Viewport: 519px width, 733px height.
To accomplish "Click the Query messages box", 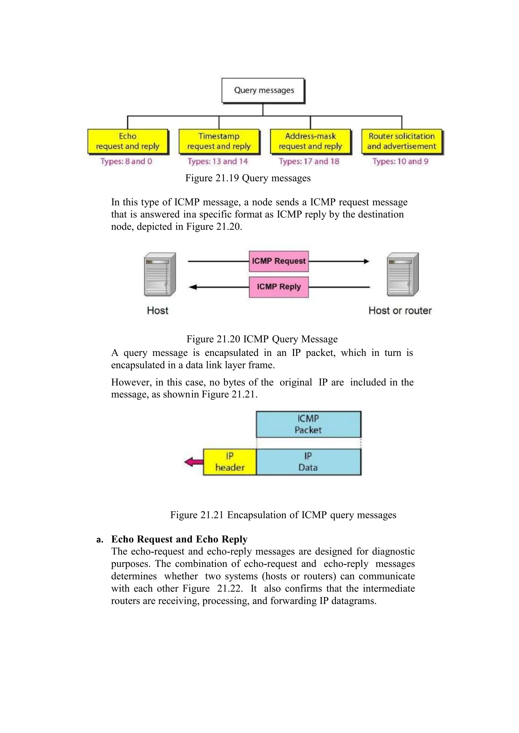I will click(x=263, y=90).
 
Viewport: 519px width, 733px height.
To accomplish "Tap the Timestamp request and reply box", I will click(x=219, y=141).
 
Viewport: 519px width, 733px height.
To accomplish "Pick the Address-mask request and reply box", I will click(x=310, y=141).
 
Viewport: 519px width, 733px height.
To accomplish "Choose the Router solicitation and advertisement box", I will click(x=402, y=141).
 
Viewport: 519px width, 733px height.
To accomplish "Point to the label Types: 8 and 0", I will click(x=126, y=161).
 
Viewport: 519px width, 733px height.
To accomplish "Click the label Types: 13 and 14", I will click(x=218, y=161).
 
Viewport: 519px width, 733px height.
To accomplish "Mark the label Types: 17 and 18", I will click(x=309, y=161).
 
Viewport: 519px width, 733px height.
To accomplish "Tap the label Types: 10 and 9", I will click(x=400, y=161).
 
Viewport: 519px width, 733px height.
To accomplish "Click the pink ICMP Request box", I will click(x=279, y=261).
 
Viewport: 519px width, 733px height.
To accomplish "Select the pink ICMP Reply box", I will click(x=279, y=287).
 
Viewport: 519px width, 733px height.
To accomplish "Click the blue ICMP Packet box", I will click(x=308, y=424).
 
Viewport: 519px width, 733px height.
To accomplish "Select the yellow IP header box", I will click(x=230, y=462).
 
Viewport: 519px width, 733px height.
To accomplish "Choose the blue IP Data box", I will click(x=308, y=462).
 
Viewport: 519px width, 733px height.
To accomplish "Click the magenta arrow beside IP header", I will click(x=194, y=462).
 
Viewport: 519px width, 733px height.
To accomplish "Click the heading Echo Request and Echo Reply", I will click(x=179, y=539).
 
